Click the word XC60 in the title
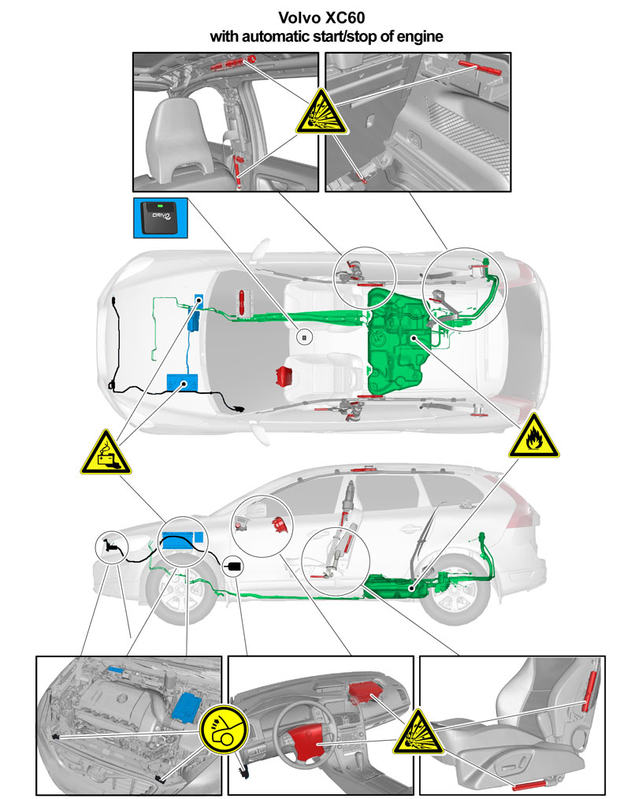coord(345,18)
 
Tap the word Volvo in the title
coord(299,18)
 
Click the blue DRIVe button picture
coord(161,218)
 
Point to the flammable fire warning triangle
coord(534,437)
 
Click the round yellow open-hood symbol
coord(224,729)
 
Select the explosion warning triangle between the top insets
coord(321,113)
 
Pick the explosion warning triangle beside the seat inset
coord(418,733)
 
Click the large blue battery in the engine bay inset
coord(187,707)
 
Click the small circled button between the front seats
coord(305,336)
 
